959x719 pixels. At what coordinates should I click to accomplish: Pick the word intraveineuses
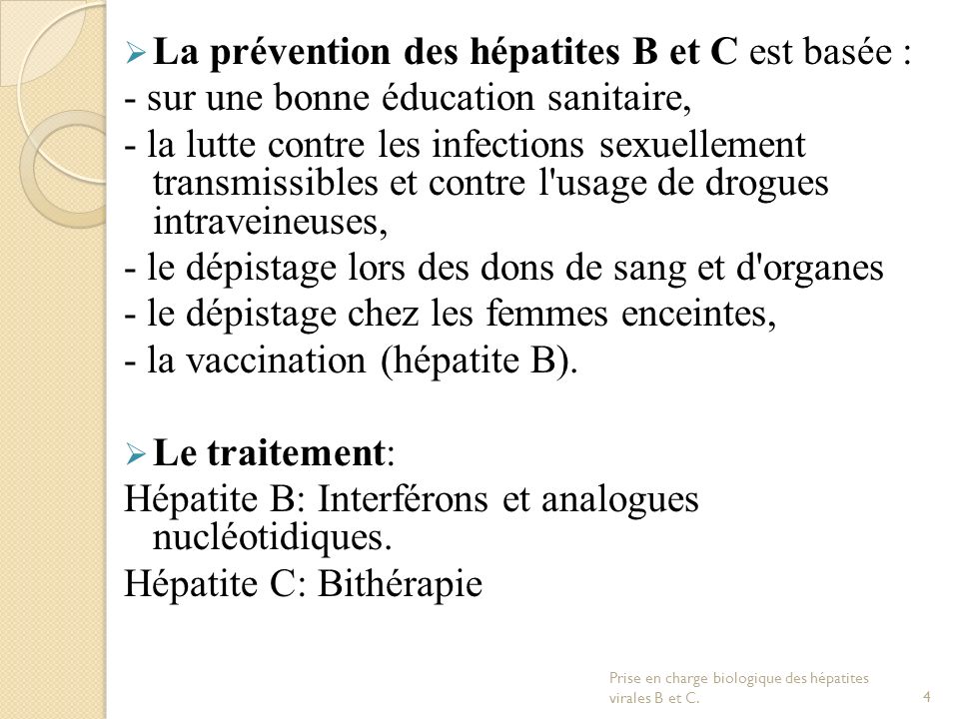pyautogui.click(x=272, y=220)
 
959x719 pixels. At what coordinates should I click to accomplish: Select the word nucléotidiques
pyautogui.click(x=271, y=538)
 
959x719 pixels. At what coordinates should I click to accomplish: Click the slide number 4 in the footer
pyautogui.click(x=928, y=695)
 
